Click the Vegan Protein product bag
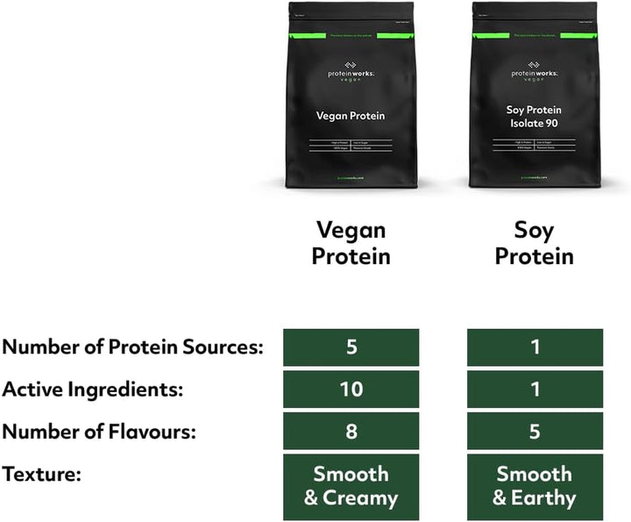351,97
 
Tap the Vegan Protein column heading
351,243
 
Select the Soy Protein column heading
534,243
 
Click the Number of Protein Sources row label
132,347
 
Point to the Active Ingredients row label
92,390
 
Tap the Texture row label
41,475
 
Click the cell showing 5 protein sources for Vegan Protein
351,347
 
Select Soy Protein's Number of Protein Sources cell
535,347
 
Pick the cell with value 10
351,390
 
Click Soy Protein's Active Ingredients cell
535,390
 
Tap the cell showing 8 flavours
351,432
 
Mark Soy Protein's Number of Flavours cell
535,432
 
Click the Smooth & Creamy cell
351,486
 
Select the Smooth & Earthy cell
535,486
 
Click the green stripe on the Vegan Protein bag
351,35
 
